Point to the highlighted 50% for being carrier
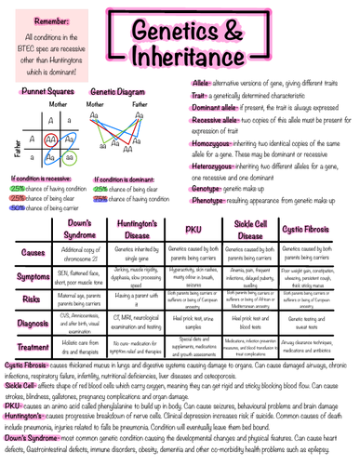(x=18, y=208)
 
